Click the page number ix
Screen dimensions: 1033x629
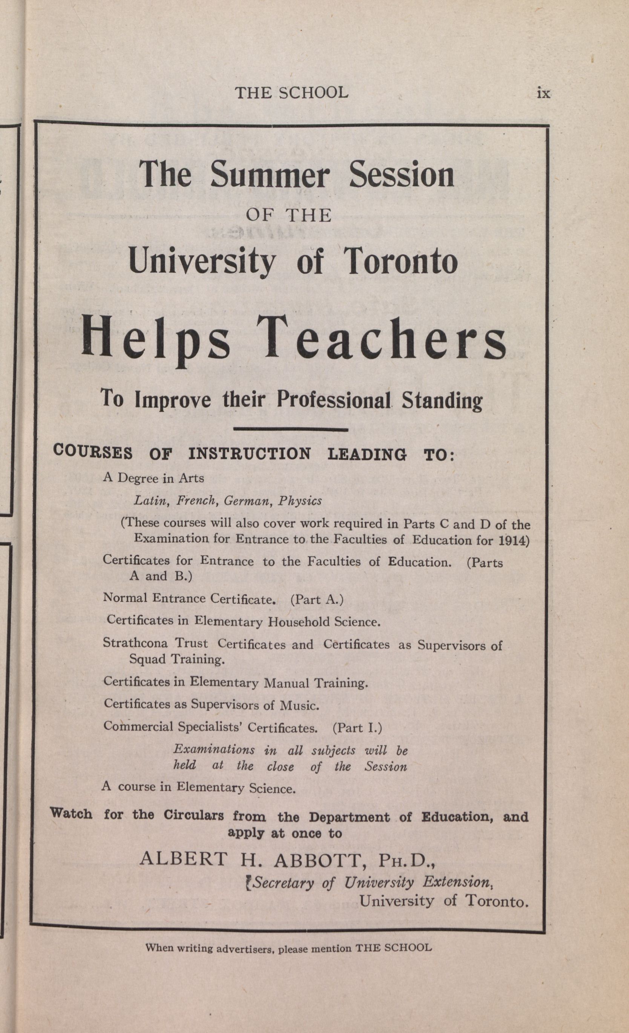[x=543, y=93]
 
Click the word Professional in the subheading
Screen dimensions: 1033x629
[x=334, y=400]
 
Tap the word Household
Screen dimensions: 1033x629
[x=299, y=622]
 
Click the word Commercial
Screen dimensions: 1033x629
[x=138, y=726]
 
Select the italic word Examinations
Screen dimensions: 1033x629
[x=214, y=749]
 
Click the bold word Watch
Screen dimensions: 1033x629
[x=71, y=814]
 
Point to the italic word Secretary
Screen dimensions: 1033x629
[x=284, y=882]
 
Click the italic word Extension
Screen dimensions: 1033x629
[x=456, y=882]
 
